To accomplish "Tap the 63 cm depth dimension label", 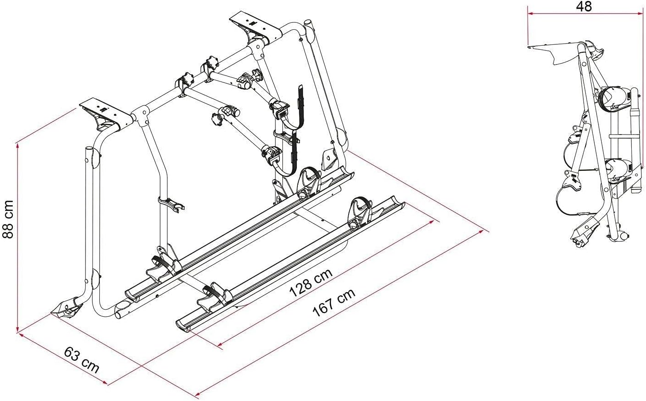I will [82, 360].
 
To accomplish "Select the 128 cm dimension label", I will [311, 284].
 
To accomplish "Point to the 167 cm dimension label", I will [334, 303].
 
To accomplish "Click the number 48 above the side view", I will [584, 6].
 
